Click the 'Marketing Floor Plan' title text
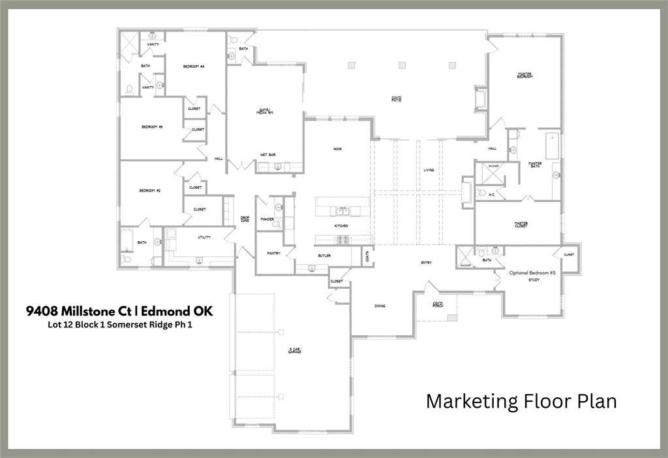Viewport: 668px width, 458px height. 521,401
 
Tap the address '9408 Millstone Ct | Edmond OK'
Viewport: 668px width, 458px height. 119,311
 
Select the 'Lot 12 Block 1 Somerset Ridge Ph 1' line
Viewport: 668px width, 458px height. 119,323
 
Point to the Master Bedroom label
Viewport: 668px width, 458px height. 524,76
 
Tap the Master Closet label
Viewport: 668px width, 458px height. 521,224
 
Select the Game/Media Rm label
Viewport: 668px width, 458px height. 265,112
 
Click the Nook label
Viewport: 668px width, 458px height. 337,149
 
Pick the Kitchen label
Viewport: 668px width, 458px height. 341,226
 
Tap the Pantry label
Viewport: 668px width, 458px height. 273,254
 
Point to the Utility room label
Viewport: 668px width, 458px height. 204,237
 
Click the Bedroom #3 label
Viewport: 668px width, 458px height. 152,127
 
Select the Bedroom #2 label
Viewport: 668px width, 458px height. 150,190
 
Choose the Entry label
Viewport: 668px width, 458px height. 426,263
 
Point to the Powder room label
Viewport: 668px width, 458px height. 266,220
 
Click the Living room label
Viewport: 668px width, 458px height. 429,170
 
